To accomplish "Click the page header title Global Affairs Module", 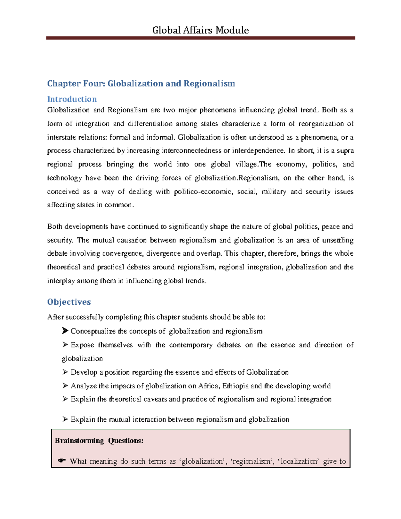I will (200, 30).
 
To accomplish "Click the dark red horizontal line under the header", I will (200, 38).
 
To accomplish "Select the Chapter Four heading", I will (141, 83).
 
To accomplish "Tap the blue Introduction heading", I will (72, 99).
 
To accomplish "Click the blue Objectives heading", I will (69, 302).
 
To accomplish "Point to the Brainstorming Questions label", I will (99, 440).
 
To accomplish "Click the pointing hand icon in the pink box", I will (61, 461).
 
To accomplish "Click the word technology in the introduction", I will (64, 178).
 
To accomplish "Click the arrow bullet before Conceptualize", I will (65, 331).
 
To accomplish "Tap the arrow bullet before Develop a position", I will (65, 372).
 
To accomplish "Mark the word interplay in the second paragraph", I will (61, 281).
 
